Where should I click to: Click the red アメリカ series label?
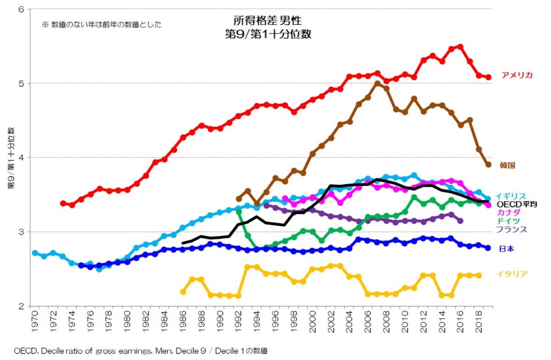click(517, 75)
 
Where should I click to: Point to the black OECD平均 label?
click(517, 204)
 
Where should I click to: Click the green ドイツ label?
click(507, 221)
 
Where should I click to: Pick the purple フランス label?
click(511, 229)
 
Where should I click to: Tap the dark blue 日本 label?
click(506, 249)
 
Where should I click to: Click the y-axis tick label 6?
click(21, 10)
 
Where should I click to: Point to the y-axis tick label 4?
click(21, 157)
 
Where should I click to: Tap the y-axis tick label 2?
click(21, 306)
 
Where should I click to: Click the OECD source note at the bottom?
click(140, 351)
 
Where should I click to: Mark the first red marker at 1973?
click(63, 203)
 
